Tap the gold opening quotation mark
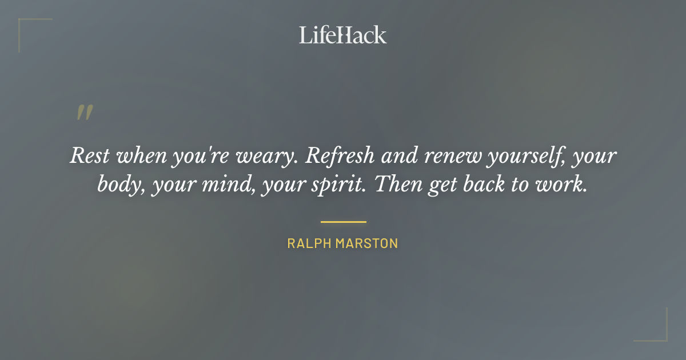click(x=84, y=113)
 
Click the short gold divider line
click(x=343, y=222)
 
